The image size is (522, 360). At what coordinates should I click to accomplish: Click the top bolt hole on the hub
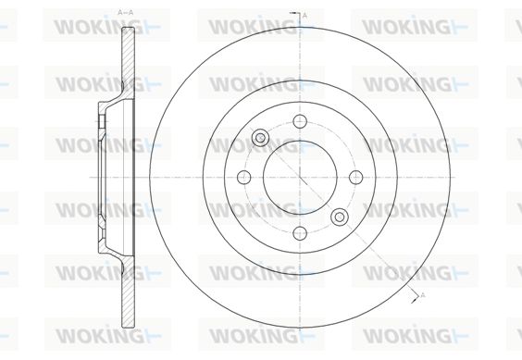[300, 121]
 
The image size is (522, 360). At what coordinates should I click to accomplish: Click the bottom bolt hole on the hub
[300, 233]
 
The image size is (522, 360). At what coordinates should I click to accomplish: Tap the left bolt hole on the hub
[244, 177]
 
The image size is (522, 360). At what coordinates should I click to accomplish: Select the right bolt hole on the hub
[356, 177]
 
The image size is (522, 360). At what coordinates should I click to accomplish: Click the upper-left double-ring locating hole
[260, 138]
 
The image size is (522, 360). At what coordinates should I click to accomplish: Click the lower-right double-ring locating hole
[340, 217]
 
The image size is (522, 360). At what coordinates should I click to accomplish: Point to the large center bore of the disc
[300, 177]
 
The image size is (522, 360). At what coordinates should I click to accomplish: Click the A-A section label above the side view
[126, 13]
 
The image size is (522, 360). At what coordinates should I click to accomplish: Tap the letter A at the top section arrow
[304, 16]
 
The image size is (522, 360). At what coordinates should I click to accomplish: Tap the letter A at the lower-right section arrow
[423, 294]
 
